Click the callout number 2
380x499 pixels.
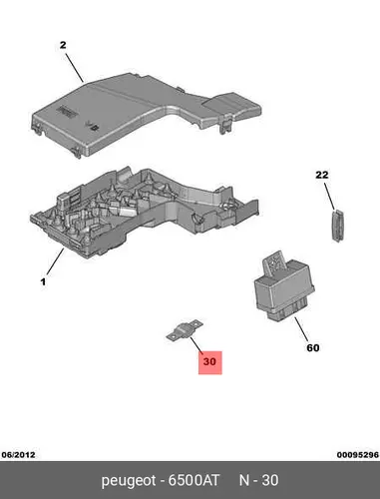point(63,45)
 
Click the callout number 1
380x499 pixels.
point(43,282)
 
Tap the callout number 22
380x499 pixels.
point(322,175)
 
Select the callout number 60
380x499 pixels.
point(313,348)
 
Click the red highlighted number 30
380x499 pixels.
point(209,362)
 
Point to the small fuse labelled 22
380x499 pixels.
point(337,226)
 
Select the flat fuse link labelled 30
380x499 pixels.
point(184,331)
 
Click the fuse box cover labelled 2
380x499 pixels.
point(147,114)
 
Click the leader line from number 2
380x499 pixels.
point(74,68)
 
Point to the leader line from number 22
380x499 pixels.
point(330,196)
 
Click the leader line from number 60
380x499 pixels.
point(301,329)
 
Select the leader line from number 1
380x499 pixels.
point(55,261)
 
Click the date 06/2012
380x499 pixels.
point(18,455)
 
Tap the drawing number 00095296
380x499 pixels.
point(358,455)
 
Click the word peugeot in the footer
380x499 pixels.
point(129,481)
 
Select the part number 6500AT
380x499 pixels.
point(193,480)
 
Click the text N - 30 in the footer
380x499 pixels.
point(259,480)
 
